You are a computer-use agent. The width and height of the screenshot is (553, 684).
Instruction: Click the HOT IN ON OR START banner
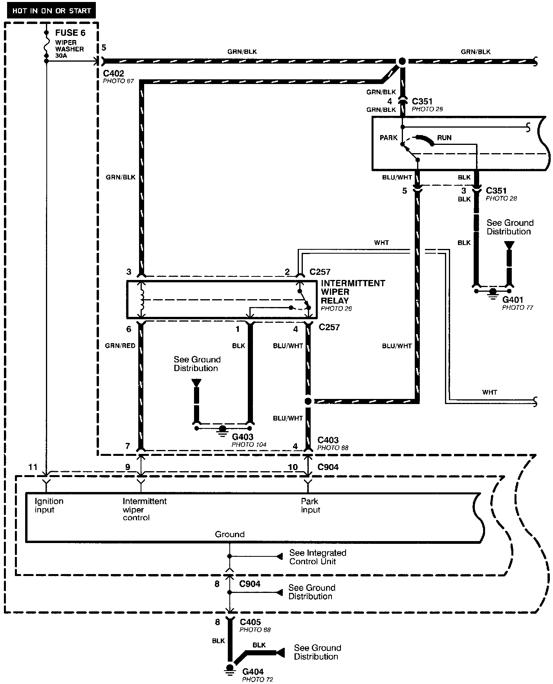pyautogui.click(x=51, y=11)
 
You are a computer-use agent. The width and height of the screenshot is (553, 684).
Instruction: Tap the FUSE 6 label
pyautogui.click(x=70, y=33)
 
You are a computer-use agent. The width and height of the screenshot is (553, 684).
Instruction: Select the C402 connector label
pyautogui.click(x=114, y=73)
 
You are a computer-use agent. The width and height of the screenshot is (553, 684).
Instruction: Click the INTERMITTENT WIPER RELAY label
pyautogui.click(x=353, y=292)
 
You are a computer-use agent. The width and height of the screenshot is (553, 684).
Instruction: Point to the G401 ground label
pyautogui.click(x=513, y=300)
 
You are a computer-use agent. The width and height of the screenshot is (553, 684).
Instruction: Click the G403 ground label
pyautogui.click(x=243, y=437)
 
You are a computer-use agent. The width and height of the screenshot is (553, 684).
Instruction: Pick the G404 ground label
pyautogui.click(x=253, y=671)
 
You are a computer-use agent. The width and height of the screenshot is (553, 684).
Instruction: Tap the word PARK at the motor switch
pyautogui.click(x=388, y=138)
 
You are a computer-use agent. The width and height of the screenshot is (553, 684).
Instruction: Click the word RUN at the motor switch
pyautogui.click(x=444, y=138)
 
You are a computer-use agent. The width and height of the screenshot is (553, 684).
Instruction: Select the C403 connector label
pyautogui.click(x=328, y=440)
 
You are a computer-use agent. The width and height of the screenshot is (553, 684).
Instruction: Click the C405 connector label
pyautogui.click(x=250, y=622)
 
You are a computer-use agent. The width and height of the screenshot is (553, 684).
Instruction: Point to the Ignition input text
pyautogui.click(x=49, y=505)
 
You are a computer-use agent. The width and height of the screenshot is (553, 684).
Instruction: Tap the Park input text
pyautogui.click(x=310, y=505)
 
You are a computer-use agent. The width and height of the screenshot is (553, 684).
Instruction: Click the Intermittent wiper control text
pyautogui.click(x=144, y=509)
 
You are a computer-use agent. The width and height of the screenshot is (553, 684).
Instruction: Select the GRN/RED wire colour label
pyautogui.click(x=120, y=346)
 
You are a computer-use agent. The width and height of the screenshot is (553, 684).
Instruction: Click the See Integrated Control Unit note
pyautogui.click(x=317, y=557)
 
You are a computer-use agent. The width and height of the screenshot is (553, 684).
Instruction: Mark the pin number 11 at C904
pyautogui.click(x=33, y=467)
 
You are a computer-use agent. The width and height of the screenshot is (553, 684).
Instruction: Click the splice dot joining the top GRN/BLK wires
pyautogui.click(x=402, y=62)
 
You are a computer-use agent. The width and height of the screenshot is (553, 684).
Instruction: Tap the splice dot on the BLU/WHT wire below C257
pyautogui.click(x=308, y=401)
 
